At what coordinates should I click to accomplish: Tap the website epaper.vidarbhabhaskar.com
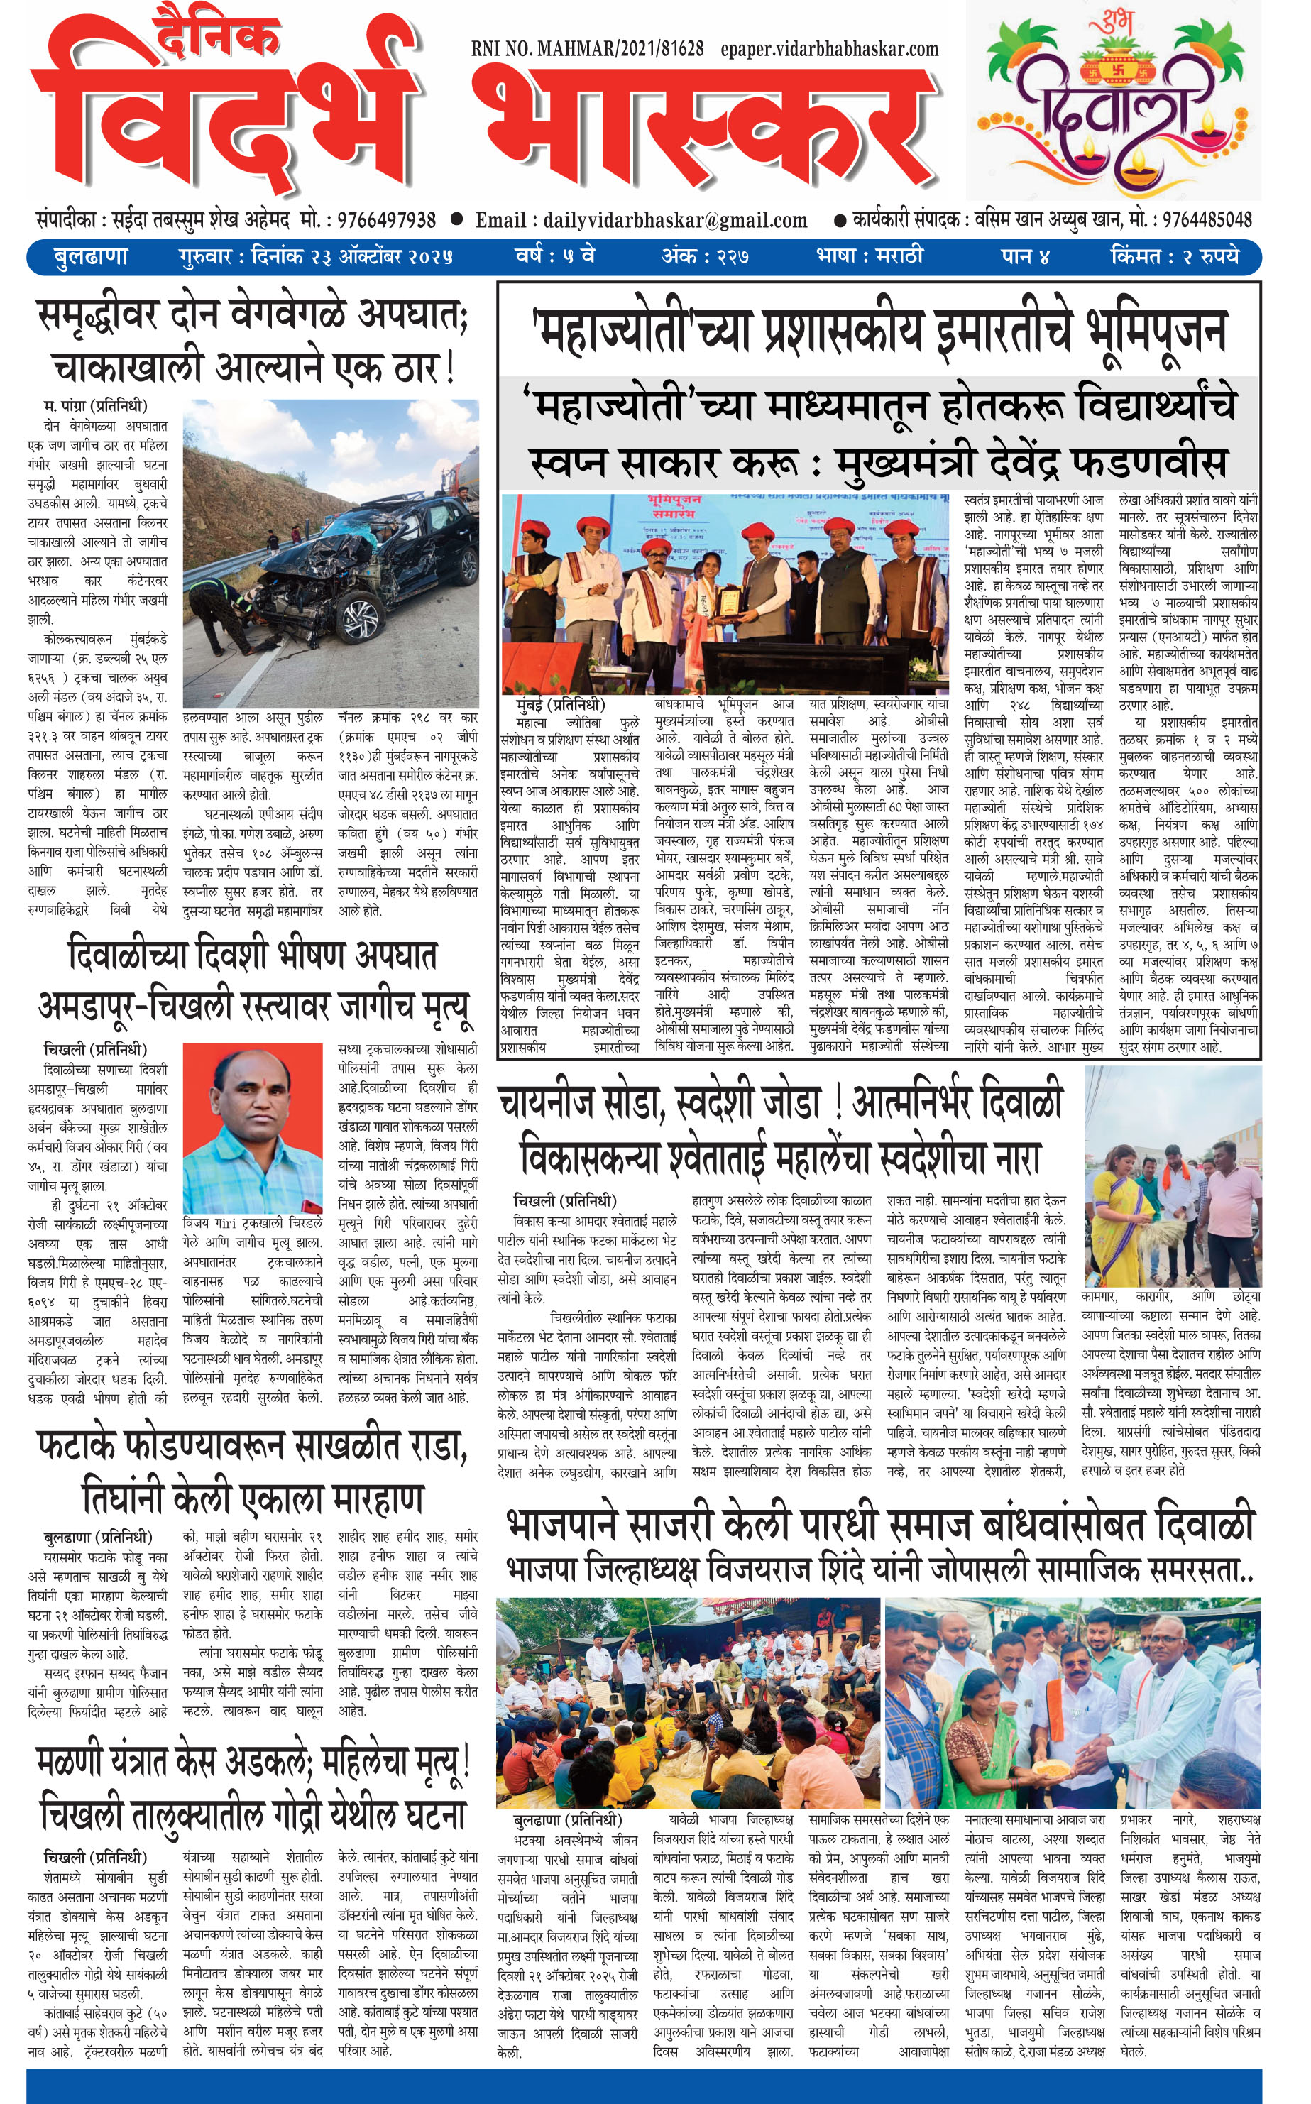click(829, 50)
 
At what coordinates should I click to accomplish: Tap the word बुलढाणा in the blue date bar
click(90, 256)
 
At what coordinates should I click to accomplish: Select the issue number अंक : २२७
click(706, 256)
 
